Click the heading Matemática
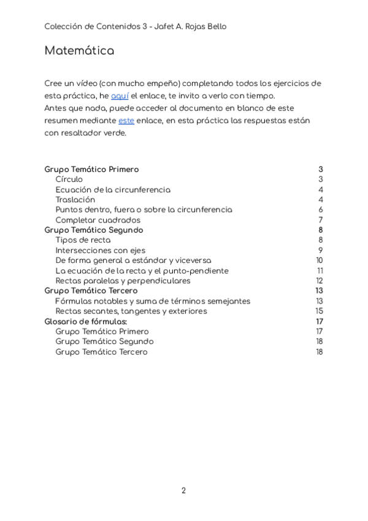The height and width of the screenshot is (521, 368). [x=79, y=51]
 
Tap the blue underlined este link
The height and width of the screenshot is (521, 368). [x=126, y=121]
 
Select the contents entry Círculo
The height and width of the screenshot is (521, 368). [x=69, y=179]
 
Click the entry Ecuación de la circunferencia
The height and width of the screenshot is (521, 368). [x=113, y=190]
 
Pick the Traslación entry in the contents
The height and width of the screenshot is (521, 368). [x=75, y=200]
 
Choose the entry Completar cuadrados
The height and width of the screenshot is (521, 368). [x=98, y=220]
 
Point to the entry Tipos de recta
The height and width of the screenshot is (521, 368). [x=83, y=240]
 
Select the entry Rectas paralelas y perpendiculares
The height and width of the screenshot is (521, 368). [x=123, y=281]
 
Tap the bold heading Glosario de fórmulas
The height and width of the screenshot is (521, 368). [x=86, y=321]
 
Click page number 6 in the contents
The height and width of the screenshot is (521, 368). [x=320, y=210]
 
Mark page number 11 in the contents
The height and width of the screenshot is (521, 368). [x=320, y=270]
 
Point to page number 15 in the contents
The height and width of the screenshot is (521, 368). [x=320, y=311]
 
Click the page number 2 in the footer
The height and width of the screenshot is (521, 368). [x=183, y=490]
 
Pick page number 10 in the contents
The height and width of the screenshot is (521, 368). [x=320, y=260]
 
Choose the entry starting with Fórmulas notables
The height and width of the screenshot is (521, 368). [x=153, y=301]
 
